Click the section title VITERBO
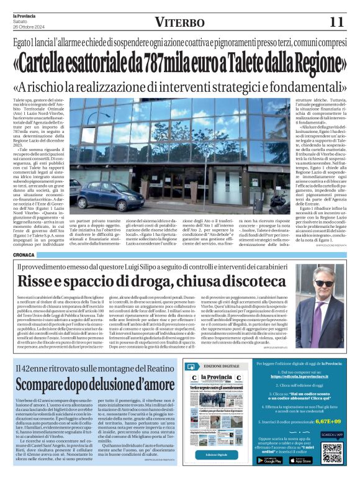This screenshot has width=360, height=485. point(179,22)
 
